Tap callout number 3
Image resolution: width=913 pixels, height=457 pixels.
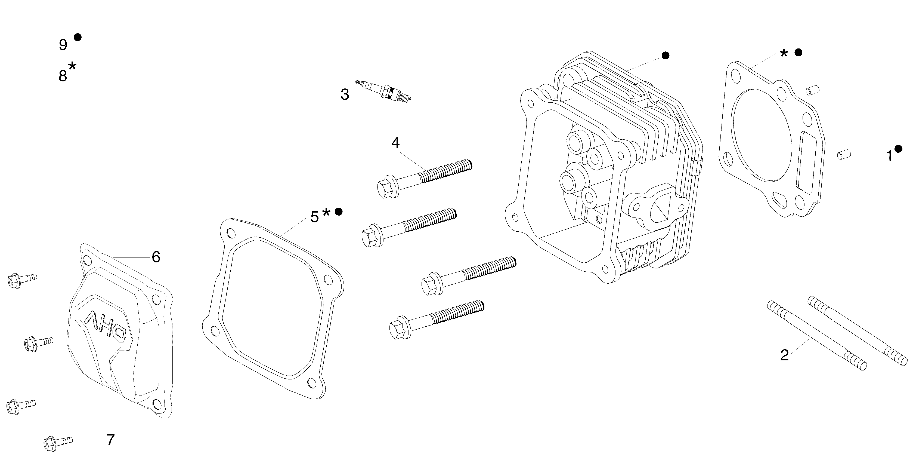click(345, 95)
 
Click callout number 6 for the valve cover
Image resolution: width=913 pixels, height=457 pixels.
click(156, 257)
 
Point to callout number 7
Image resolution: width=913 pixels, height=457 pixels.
click(111, 440)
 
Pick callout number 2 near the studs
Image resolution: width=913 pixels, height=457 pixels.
click(784, 355)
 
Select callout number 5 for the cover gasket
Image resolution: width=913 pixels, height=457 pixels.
click(314, 217)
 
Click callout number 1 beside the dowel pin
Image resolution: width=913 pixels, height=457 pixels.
click(889, 155)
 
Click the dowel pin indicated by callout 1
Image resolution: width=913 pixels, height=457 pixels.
click(844, 155)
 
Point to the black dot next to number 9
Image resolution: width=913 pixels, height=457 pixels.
click(78, 37)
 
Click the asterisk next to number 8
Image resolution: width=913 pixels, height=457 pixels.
click(72, 66)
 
